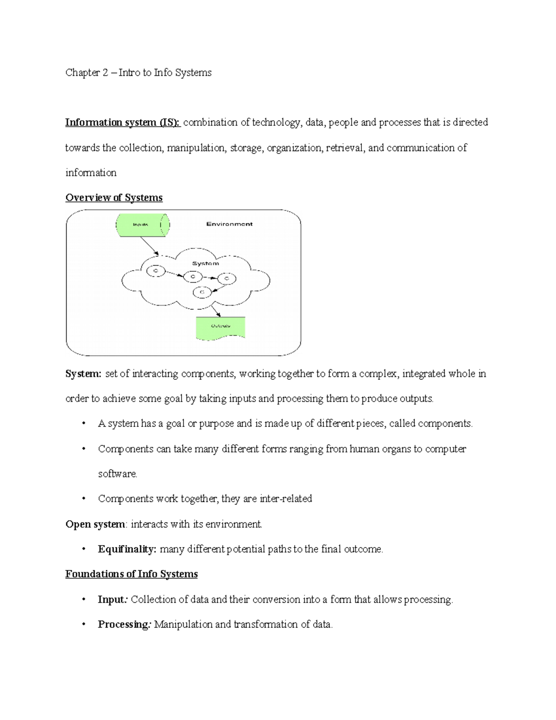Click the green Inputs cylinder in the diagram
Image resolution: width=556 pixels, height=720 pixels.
click(142, 225)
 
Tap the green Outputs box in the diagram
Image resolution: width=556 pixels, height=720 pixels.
click(221, 327)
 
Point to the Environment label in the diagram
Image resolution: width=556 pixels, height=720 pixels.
click(229, 224)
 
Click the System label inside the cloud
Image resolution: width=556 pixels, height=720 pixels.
click(205, 263)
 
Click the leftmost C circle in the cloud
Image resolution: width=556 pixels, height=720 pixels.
click(156, 271)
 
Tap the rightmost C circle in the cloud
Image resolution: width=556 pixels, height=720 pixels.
click(227, 279)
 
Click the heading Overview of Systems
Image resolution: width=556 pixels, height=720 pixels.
click(114, 198)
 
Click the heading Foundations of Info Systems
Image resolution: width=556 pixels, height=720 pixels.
click(131, 574)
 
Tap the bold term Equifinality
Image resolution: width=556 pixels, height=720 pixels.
click(127, 549)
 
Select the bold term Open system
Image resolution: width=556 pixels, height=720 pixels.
click(95, 524)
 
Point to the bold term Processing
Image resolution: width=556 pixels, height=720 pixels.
click(123, 624)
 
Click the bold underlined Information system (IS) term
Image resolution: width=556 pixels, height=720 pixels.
click(123, 122)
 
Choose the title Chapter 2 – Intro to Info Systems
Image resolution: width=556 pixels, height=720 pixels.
click(138, 72)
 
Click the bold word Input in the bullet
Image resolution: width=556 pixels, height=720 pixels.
click(111, 599)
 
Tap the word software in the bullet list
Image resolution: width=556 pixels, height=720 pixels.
click(117, 474)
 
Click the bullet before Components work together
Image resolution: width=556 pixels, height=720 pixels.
click(83, 499)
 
